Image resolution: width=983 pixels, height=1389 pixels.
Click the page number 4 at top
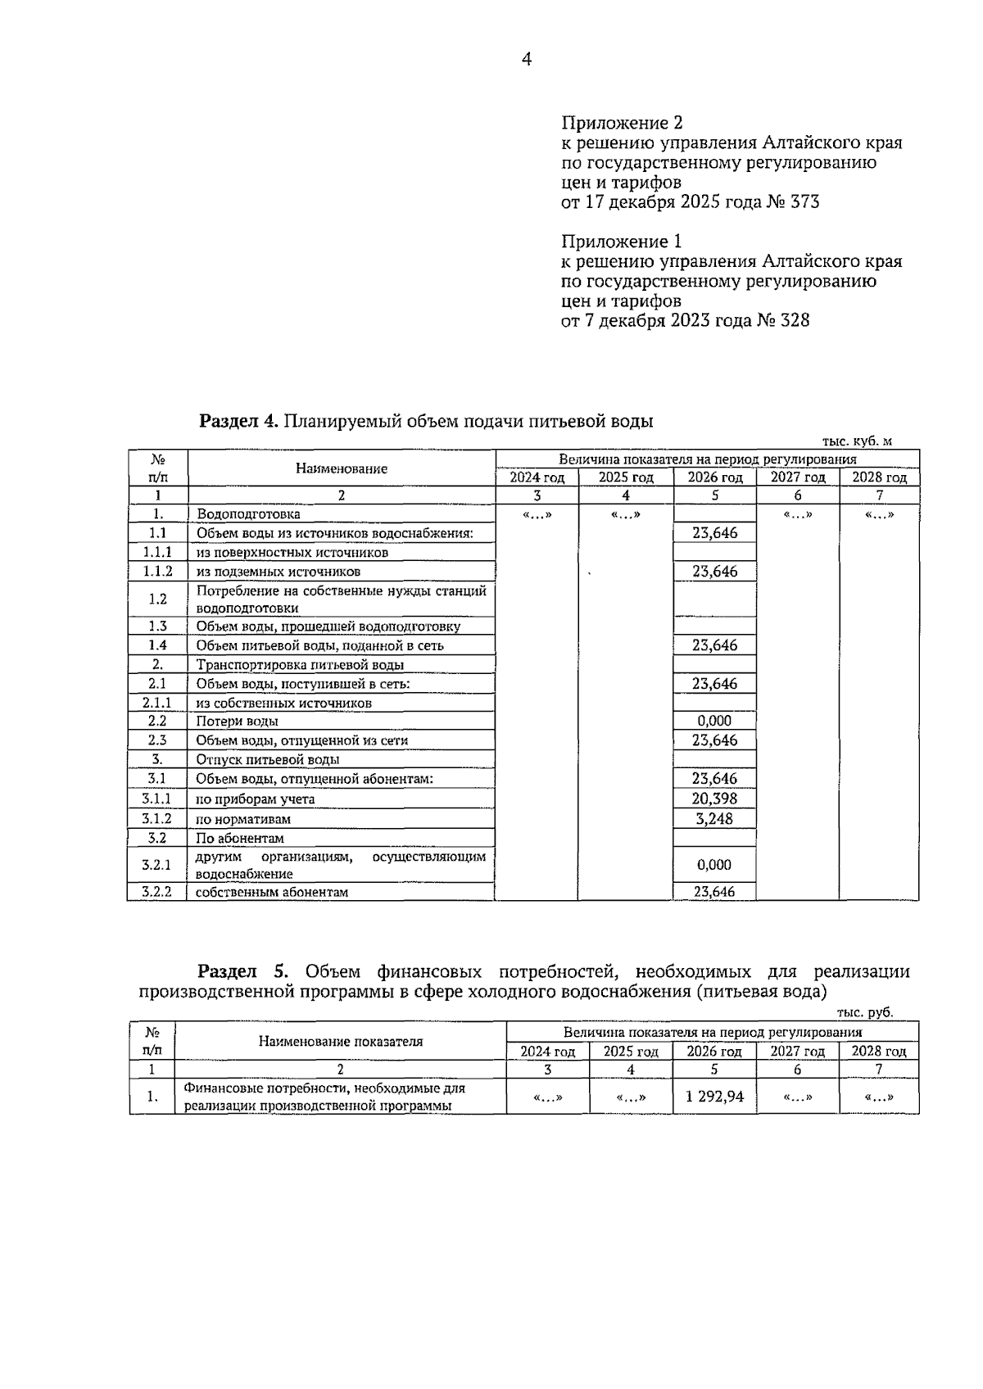tap(526, 59)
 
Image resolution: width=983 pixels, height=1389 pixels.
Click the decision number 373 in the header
tap(804, 202)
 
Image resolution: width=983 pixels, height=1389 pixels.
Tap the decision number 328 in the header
tap(795, 321)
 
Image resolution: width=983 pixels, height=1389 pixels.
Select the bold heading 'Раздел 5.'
tap(242, 971)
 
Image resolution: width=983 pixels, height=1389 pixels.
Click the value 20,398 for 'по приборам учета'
tap(714, 799)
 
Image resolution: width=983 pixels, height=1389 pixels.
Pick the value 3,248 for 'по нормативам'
tap(714, 818)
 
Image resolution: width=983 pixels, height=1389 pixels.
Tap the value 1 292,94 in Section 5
tap(714, 1097)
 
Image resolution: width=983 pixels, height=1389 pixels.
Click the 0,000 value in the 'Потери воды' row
tap(714, 721)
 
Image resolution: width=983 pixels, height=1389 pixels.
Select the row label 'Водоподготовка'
tap(248, 514)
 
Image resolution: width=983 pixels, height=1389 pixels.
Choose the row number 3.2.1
tap(157, 864)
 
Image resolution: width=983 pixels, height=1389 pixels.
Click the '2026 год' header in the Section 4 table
tap(714, 477)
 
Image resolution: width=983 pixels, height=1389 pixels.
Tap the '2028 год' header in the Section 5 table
tap(879, 1052)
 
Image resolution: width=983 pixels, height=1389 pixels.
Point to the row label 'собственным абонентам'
tap(272, 892)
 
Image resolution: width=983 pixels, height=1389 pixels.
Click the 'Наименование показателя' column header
tap(341, 1042)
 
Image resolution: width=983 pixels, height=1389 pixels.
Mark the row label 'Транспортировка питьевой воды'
tap(300, 665)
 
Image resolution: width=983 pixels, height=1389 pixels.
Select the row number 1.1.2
tap(157, 572)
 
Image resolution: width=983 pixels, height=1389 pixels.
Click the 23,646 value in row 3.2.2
tap(714, 892)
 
